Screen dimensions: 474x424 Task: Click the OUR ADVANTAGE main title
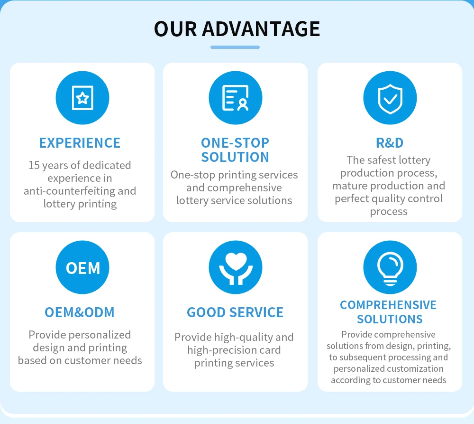coord(237,28)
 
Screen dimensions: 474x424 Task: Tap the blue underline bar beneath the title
coord(235,47)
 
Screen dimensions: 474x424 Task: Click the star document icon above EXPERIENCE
coord(82,98)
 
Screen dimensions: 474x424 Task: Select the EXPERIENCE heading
coord(80,143)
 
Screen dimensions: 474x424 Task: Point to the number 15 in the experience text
coord(34,165)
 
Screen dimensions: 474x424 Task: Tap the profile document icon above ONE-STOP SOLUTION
coord(236,98)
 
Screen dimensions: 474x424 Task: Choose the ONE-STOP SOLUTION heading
coord(235,150)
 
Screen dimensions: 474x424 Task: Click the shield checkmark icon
coord(390,98)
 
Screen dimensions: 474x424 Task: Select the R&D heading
coord(390,143)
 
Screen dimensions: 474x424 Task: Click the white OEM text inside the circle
coord(83,268)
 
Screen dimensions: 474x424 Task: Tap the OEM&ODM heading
coord(80,312)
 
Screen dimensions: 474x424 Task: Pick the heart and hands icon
coord(236,267)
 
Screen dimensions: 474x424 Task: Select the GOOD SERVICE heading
coord(235,312)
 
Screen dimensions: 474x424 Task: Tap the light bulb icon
coord(390,267)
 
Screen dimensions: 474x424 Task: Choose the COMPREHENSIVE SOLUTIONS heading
coord(388,312)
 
